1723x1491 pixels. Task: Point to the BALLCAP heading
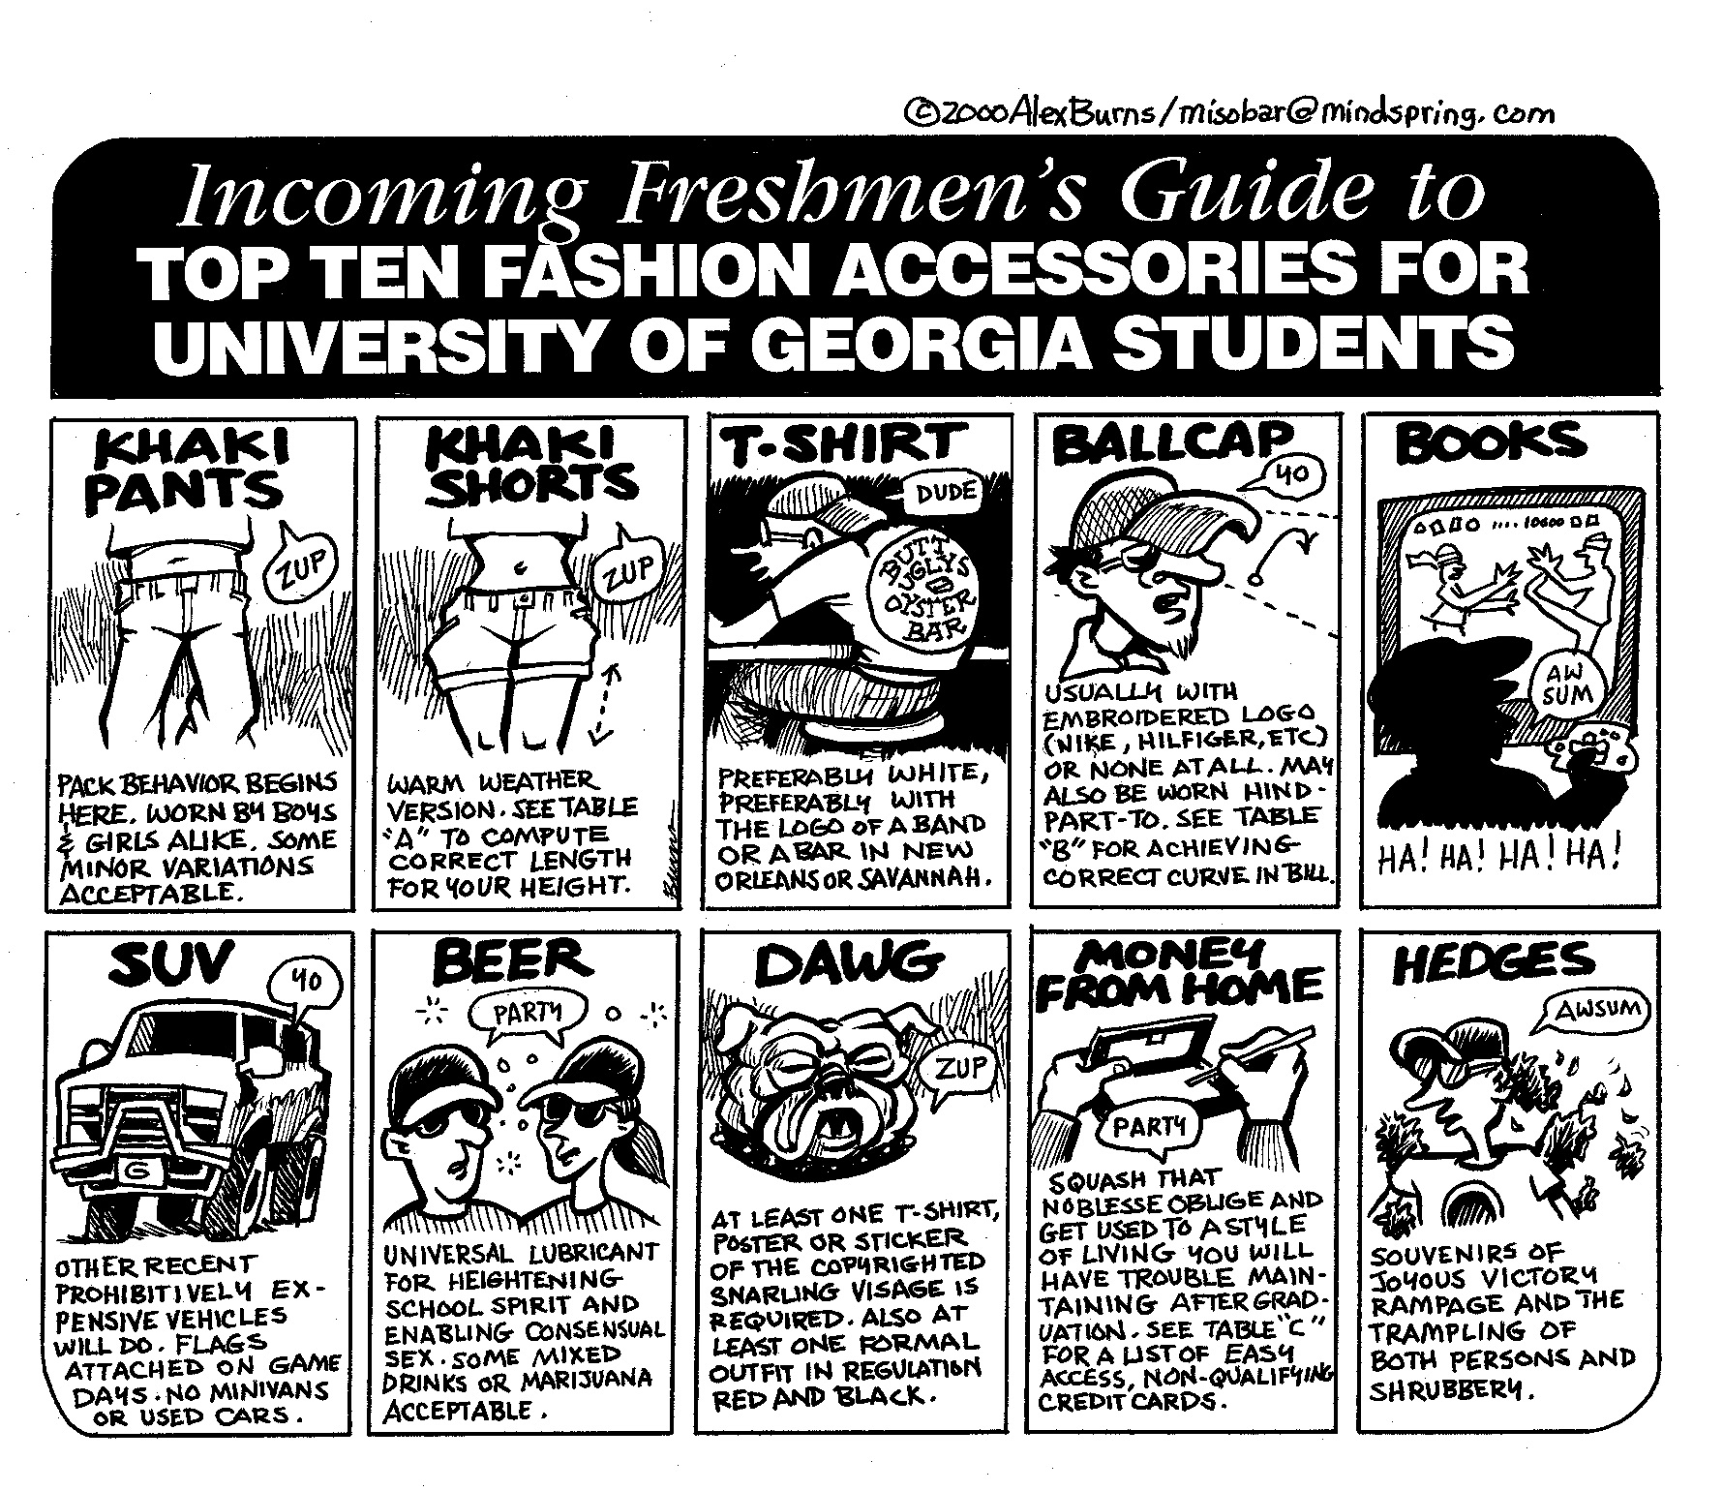tap(1172, 445)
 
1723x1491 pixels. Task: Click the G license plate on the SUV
tap(136, 1171)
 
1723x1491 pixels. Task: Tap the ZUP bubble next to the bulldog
tap(961, 1070)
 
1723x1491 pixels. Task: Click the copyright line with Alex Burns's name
tap(1226, 113)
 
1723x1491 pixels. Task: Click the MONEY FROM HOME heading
tap(1180, 968)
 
